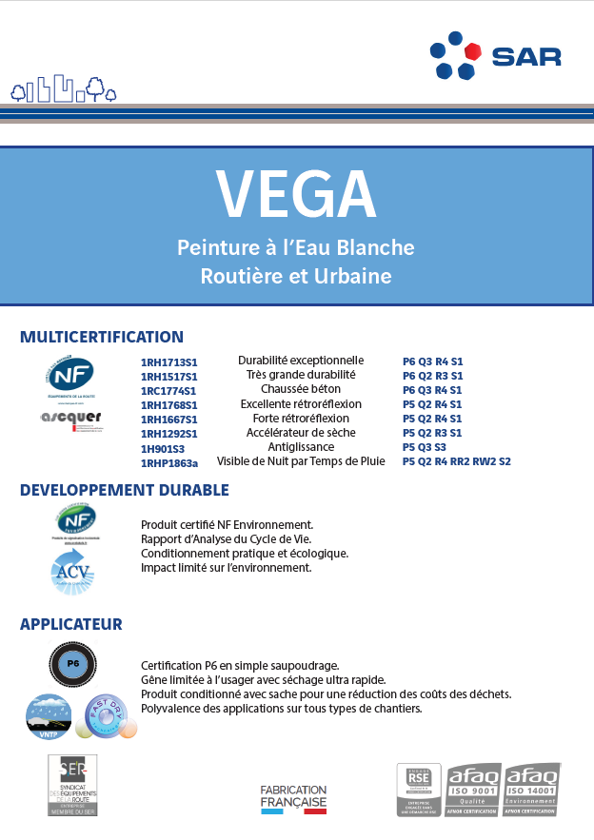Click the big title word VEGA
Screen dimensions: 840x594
[x=296, y=195]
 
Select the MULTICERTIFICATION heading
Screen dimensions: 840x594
[x=102, y=337]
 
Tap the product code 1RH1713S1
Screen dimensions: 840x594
[x=168, y=362]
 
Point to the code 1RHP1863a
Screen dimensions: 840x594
[x=169, y=462]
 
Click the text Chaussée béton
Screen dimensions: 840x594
[x=301, y=389]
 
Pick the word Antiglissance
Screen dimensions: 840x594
[x=301, y=446]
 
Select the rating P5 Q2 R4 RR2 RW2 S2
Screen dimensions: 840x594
[x=456, y=461]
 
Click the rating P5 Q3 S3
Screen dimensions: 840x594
[x=424, y=447]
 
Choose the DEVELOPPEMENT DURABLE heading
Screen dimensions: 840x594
[x=125, y=491]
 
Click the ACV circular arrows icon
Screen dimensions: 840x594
[x=71, y=573]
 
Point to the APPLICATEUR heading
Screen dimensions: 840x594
[x=71, y=625]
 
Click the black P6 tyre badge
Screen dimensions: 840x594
[x=71, y=665]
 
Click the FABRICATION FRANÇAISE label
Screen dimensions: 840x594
[x=293, y=797]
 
